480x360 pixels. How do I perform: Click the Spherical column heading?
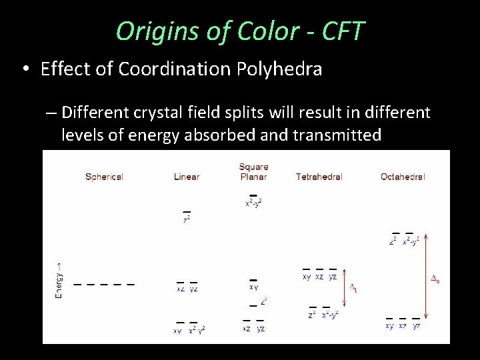point(104,177)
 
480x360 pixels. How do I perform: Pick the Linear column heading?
point(187,177)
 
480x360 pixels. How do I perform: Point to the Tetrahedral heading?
point(319,177)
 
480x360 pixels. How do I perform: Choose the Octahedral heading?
point(403,177)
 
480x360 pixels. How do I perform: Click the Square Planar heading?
point(253,171)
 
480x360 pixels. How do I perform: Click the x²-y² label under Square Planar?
point(253,203)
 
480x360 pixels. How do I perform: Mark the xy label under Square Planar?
point(253,287)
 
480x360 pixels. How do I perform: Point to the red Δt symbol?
point(353,288)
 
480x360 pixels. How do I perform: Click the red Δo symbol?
point(435,281)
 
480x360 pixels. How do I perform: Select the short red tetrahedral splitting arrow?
point(345,288)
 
